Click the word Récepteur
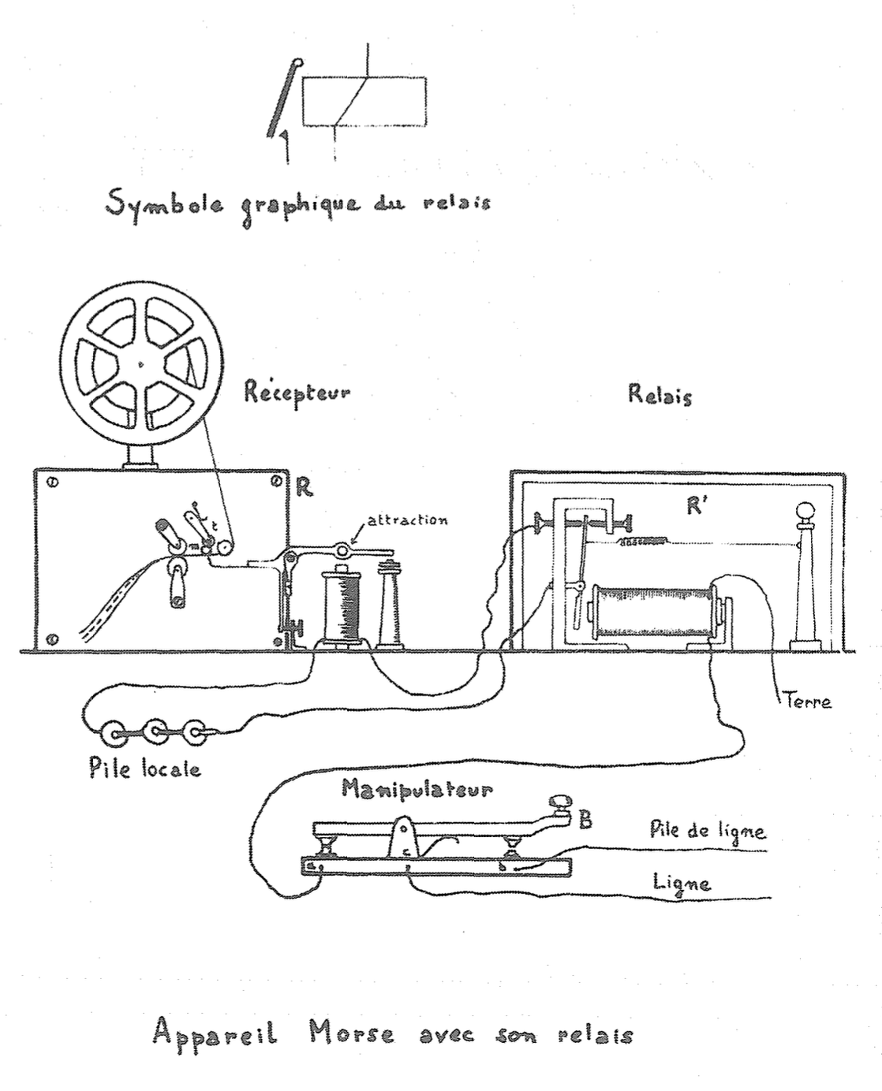pos(297,392)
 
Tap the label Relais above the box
pos(660,393)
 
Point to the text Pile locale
pos(145,769)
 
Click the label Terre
pos(808,700)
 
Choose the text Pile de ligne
pos(708,829)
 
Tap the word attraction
pos(407,519)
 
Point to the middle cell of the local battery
pos(155,733)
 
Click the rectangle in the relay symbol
pos(364,100)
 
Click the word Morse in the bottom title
pos(351,1033)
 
